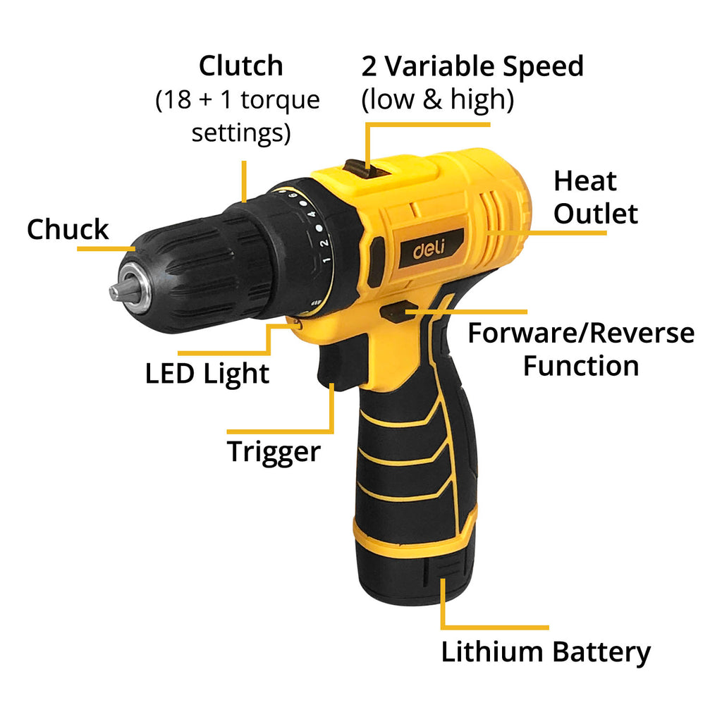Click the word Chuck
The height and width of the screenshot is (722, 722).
(x=68, y=230)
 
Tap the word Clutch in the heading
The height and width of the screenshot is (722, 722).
(x=240, y=66)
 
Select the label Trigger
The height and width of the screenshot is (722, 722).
(x=274, y=451)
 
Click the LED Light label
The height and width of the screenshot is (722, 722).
(x=207, y=374)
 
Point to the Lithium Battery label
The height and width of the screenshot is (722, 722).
(x=546, y=652)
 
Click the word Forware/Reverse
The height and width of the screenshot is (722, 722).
(x=580, y=334)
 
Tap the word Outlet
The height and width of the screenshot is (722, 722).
(x=595, y=214)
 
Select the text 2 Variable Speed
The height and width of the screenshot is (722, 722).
(x=472, y=66)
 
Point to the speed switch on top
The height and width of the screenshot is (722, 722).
(x=358, y=167)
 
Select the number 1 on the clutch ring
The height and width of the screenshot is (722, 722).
(x=326, y=260)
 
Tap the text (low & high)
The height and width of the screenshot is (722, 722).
(x=437, y=100)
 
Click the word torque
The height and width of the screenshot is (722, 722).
(x=279, y=100)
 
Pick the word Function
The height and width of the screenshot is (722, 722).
(x=580, y=366)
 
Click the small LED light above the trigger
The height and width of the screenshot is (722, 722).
(x=298, y=324)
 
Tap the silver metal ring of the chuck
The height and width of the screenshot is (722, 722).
(x=136, y=288)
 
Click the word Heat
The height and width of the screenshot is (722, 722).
(x=585, y=181)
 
